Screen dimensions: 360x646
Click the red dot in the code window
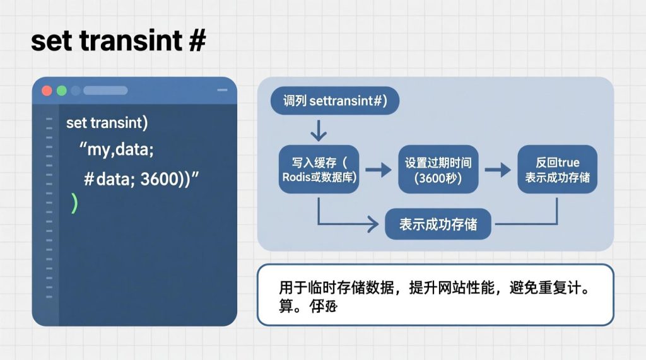[x=47, y=90]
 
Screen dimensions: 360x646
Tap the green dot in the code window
[x=61, y=90]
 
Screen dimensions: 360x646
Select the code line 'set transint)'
[x=107, y=122]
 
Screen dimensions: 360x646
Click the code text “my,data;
[x=117, y=151]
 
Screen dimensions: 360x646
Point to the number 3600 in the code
[x=160, y=178]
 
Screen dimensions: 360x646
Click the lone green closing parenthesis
[x=74, y=203]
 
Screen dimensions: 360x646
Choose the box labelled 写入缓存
[x=319, y=170]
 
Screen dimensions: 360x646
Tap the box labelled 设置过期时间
[x=438, y=170]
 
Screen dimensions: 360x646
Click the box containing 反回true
[x=557, y=170]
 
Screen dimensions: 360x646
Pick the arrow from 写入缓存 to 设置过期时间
[x=378, y=170]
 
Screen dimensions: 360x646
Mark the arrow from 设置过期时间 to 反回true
[x=497, y=170]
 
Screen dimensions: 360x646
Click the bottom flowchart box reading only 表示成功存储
[x=438, y=224]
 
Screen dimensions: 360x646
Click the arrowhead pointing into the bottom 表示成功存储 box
[x=378, y=224]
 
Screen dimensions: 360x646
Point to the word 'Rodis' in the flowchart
[x=297, y=178]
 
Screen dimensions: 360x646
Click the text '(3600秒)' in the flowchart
[x=438, y=178]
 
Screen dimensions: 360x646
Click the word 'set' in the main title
[x=51, y=42]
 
